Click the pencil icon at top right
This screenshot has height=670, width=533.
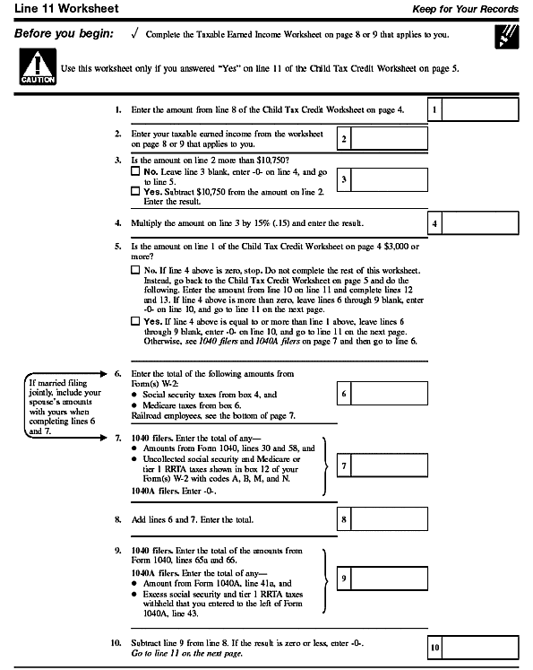click(503, 37)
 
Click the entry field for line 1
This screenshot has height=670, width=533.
click(482, 110)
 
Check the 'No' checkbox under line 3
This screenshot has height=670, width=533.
click(135, 170)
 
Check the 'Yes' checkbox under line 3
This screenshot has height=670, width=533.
click(135, 191)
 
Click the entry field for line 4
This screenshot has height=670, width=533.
click(482, 223)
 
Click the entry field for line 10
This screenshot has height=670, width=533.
click(482, 647)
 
